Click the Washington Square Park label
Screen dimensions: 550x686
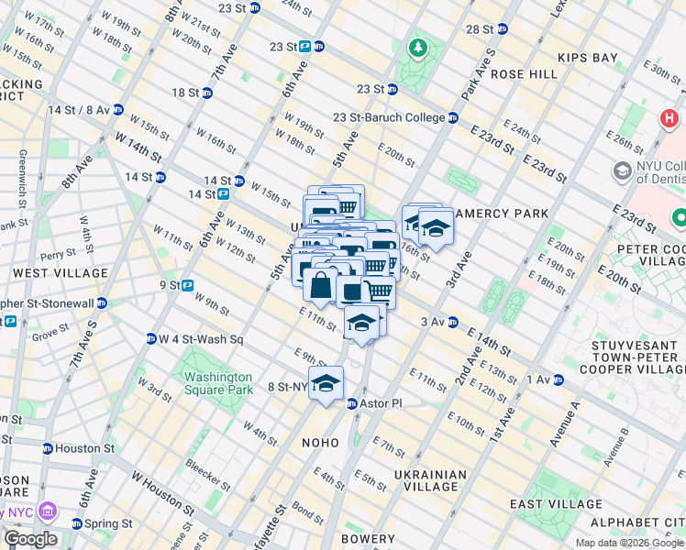pyautogui.click(x=217, y=382)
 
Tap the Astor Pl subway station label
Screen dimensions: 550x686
pyautogui.click(x=374, y=403)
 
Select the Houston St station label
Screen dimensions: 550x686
pyautogui.click(x=77, y=449)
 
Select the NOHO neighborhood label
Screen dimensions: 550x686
pyautogui.click(x=321, y=443)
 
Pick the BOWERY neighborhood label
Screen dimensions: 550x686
pyautogui.click(x=368, y=539)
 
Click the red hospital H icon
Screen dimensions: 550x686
pyautogui.click(x=669, y=120)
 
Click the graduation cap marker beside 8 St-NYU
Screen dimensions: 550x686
pyautogui.click(x=325, y=384)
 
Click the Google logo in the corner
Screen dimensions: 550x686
pyautogui.click(x=30, y=539)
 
